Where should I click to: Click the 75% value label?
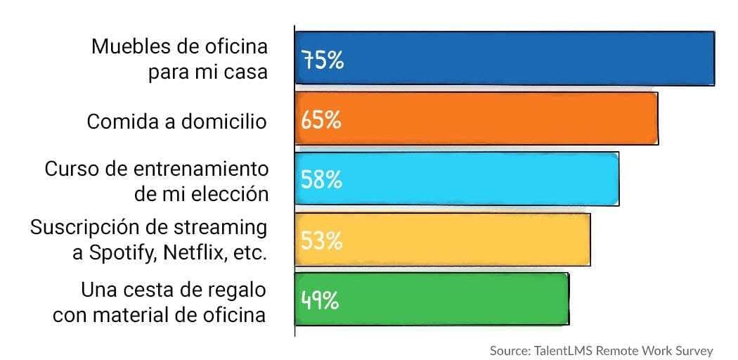(x=323, y=60)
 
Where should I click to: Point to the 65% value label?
(x=321, y=120)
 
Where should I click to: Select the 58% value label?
(x=321, y=180)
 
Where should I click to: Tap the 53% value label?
(x=321, y=240)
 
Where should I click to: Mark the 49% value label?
(x=321, y=300)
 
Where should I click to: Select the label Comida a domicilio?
(x=176, y=122)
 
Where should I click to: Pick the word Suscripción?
(x=79, y=229)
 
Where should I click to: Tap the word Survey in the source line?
(x=696, y=350)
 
